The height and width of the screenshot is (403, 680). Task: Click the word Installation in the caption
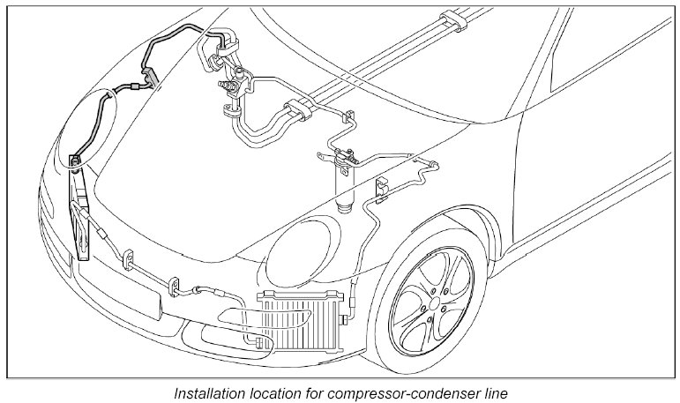pos(208,391)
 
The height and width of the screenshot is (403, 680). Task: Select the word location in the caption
pos(280,391)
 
